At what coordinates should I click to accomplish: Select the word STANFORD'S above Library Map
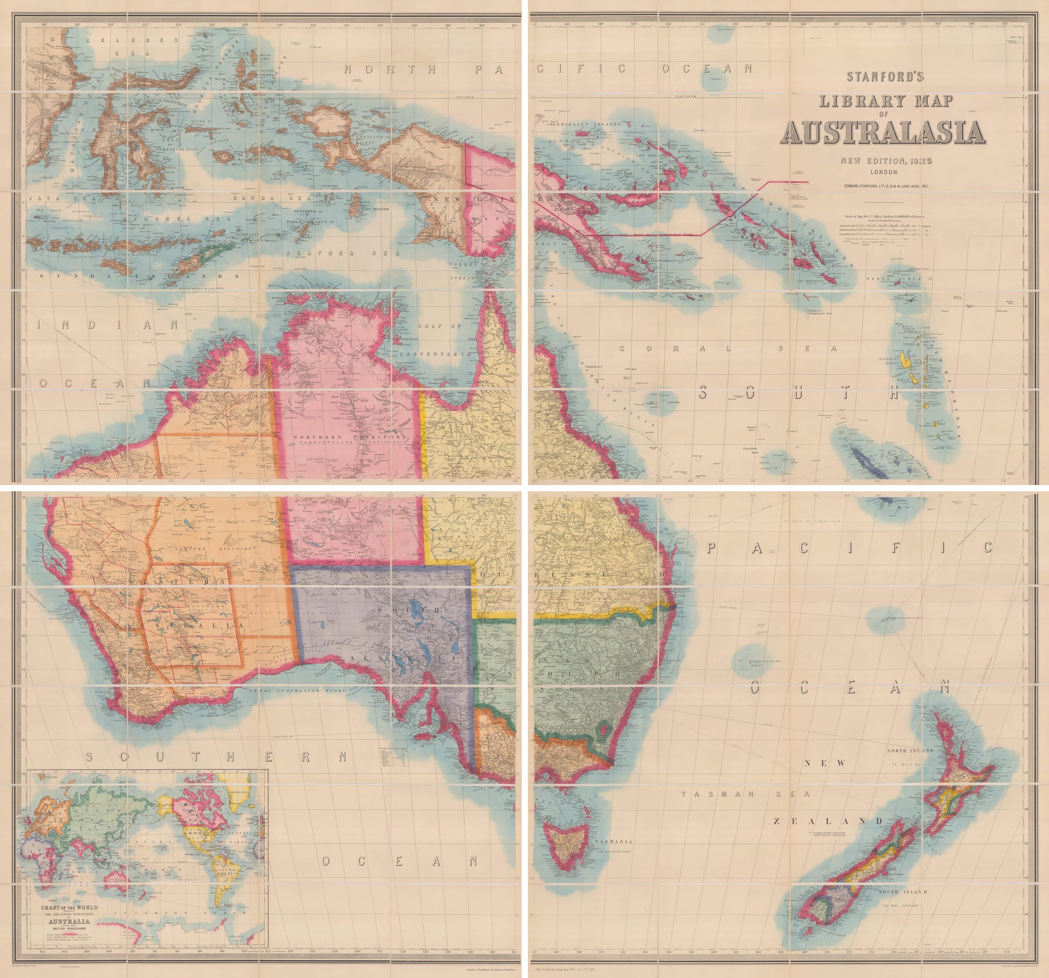pos(885,77)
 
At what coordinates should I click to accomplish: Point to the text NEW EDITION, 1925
pos(886,161)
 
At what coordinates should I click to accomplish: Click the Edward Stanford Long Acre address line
pos(885,186)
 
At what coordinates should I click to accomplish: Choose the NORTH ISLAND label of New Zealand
pos(910,750)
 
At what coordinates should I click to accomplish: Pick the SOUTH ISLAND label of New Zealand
pos(902,891)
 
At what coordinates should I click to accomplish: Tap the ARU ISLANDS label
pos(376,209)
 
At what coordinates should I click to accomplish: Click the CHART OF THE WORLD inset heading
pos(69,908)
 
